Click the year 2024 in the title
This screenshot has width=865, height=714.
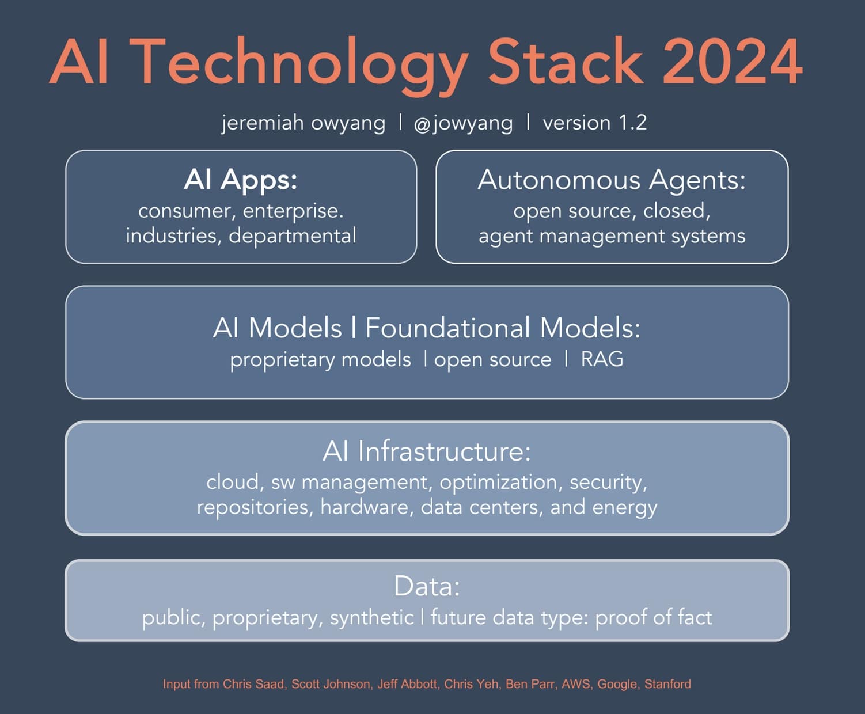pos(732,62)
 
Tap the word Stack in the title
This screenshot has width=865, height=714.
pos(565,62)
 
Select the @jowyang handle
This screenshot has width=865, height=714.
pos(463,123)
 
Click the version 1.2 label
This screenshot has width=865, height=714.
pos(594,123)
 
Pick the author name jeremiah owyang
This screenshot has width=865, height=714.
pos(303,123)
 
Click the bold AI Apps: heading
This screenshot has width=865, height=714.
pos(241,179)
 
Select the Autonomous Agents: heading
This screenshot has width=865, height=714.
pos(612,180)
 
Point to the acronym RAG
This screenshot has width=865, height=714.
pos(602,359)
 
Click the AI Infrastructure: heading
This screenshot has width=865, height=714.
pos(427,451)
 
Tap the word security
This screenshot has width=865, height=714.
pos(608,482)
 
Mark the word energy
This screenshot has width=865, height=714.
pos(624,508)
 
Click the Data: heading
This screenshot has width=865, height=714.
pos(427,586)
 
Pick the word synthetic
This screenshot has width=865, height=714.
pos(371,618)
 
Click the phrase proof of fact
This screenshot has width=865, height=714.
pos(653,617)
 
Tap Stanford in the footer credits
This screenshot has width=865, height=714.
pos(667,684)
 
